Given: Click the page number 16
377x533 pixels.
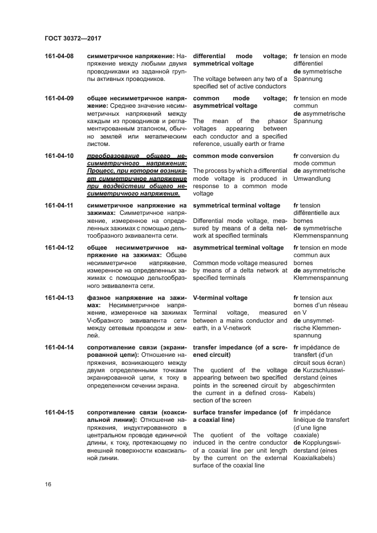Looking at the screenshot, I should [x=48, y=485].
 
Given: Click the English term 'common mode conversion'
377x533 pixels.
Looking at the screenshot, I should [x=233, y=156].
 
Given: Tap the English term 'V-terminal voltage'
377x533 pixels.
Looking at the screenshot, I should [x=220, y=298].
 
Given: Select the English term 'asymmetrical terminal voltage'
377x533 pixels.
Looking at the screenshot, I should [x=238, y=247].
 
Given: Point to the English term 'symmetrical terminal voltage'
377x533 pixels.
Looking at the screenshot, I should [x=236, y=205].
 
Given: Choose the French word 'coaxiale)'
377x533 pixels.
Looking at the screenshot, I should [x=307, y=435].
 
